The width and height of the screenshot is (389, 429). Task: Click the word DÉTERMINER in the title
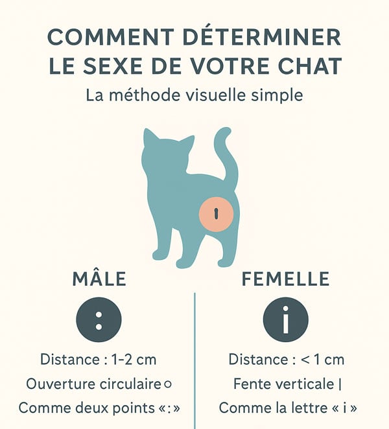click(x=261, y=37)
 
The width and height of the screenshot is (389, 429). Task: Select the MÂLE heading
click(x=99, y=279)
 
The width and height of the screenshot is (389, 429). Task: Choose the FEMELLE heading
click(x=285, y=279)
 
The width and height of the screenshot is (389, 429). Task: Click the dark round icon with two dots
click(x=99, y=319)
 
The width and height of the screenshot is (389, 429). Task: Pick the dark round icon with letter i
click(x=285, y=319)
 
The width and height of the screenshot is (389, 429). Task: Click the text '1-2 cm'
click(x=134, y=360)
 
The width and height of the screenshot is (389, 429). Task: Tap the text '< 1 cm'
click(x=322, y=360)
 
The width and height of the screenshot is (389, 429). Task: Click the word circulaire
click(x=130, y=384)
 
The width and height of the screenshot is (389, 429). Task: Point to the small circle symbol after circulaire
click(x=167, y=384)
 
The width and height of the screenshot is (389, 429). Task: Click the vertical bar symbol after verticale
click(x=340, y=384)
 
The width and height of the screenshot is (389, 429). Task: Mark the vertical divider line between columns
click(x=194, y=361)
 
